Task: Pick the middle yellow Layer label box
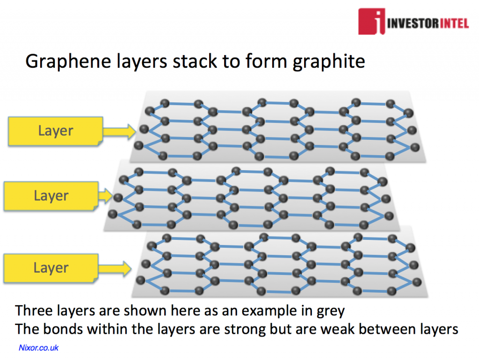(51, 195)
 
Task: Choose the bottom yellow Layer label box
(51, 268)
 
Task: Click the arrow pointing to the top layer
(119, 131)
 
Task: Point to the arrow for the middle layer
(105, 195)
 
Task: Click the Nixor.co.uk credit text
(38, 348)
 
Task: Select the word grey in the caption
(329, 310)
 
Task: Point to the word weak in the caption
(337, 329)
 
